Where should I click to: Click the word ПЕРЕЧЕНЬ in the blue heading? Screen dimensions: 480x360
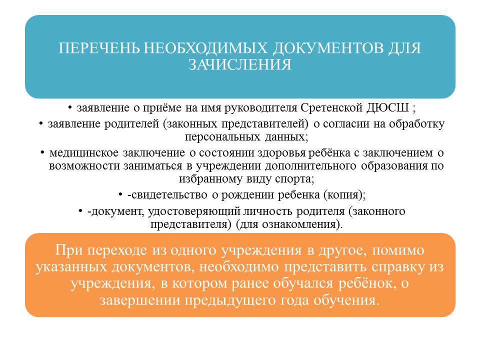pos(99,48)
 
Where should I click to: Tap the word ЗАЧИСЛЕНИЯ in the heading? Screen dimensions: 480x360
pos(239,64)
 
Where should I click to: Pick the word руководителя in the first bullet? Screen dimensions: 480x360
pos(261,108)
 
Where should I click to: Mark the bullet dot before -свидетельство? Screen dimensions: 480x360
pos(120,194)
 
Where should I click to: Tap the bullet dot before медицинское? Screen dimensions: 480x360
pos(42,152)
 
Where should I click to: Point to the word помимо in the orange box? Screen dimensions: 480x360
pos(398,250)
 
